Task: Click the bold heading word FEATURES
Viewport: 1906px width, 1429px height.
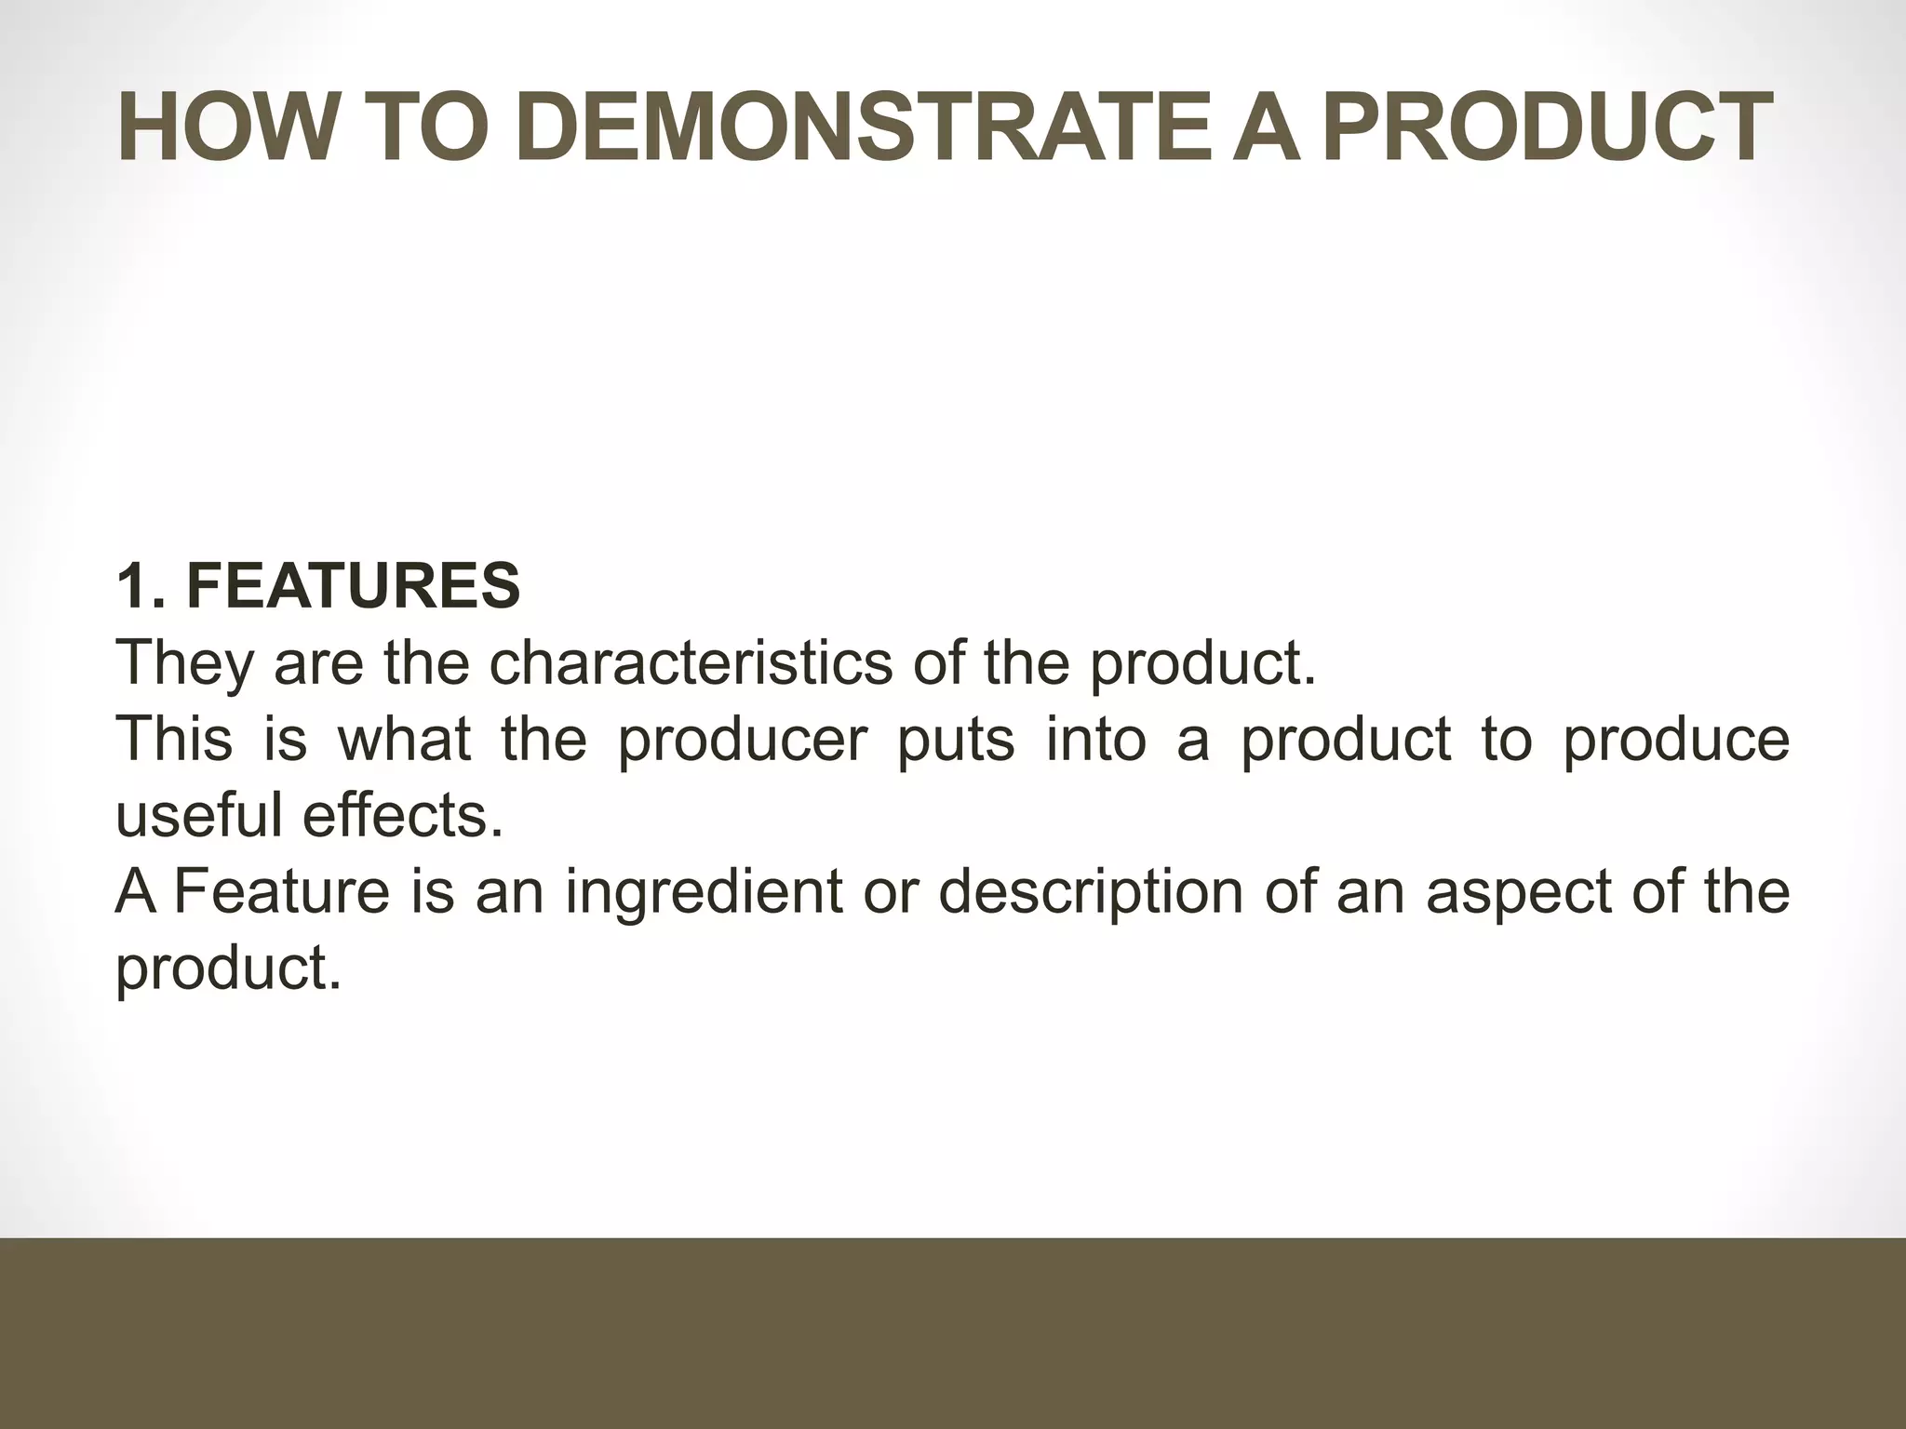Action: (353, 586)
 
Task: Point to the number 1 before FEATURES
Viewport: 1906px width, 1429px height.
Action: (130, 586)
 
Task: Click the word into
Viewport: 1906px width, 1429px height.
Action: (1095, 739)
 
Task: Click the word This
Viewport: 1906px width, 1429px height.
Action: (174, 739)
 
